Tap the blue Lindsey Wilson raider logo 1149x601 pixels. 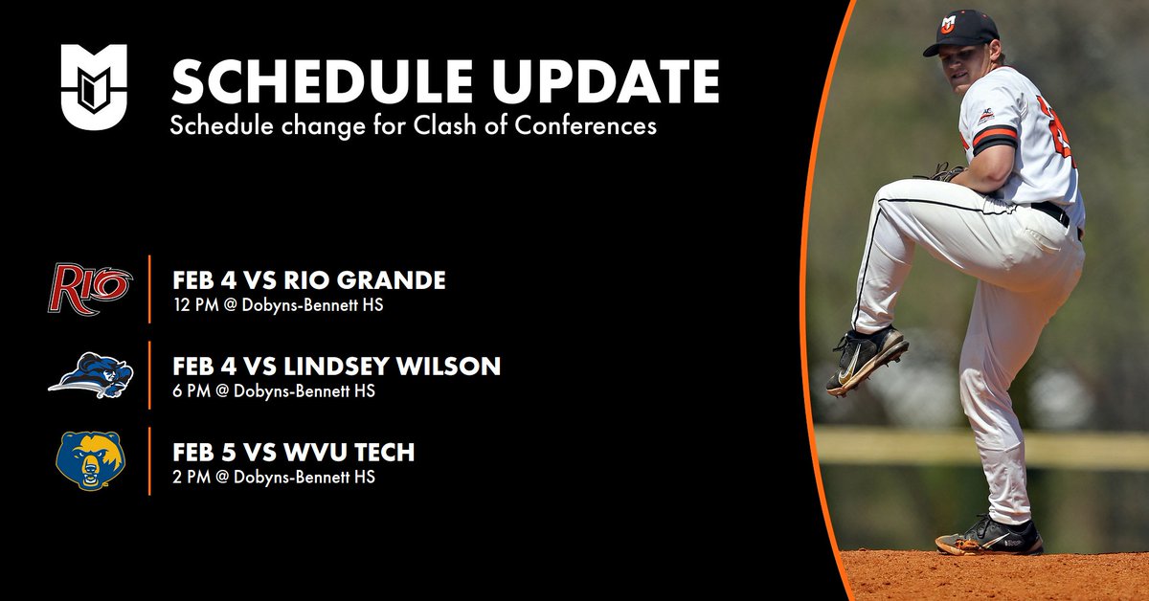91,375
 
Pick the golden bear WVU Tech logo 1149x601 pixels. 91,460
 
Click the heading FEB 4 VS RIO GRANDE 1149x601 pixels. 309,280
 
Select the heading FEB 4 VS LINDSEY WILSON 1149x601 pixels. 336,367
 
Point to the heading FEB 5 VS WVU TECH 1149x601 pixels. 293,452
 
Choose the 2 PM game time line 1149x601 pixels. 273,477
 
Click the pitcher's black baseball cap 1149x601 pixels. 960,31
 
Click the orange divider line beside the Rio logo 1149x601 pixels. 150,289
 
